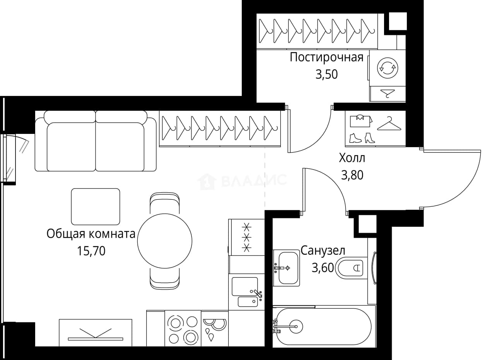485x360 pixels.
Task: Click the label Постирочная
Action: pyautogui.click(x=326, y=58)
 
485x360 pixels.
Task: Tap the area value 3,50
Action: pyautogui.click(x=326, y=74)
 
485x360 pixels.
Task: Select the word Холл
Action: pyautogui.click(x=352, y=158)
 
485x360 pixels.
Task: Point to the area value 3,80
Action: pyautogui.click(x=352, y=175)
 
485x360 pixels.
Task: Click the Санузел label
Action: pyautogui.click(x=323, y=250)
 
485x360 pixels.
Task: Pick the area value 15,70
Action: pyautogui.click(x=91, y=251)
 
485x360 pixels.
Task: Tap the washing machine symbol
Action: pyautogui.click(x=387, y=68)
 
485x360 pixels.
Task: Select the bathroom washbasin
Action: pyautogui.click(x=287, y=268)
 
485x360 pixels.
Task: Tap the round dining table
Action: pyautogui.click(x=165, y=241)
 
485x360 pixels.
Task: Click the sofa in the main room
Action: pyautogui.click(x=96, y=141)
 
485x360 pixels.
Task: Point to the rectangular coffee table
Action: pyautogui.click(x=96, y=207)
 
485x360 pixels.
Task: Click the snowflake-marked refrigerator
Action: pyautogui.click(x=246, y=237)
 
